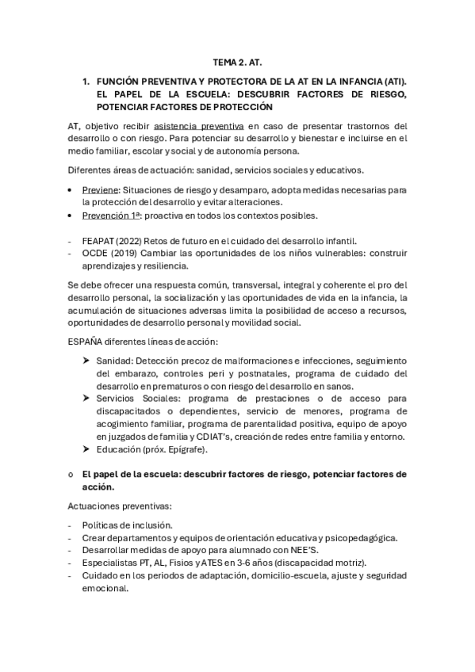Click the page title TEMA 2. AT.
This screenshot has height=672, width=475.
[237, 60]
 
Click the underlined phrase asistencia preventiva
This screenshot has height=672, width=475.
[199, 126]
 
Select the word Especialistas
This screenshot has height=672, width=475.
[109, 563]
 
